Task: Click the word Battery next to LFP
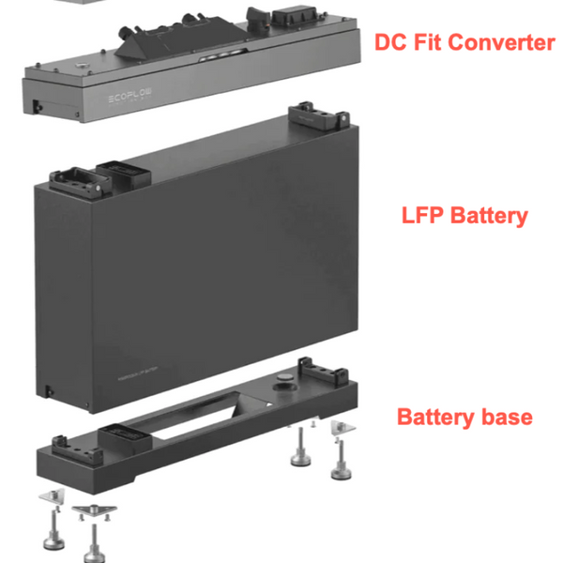tap(488, 215)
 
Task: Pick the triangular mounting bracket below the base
tap(93, 507)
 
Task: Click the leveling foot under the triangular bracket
tap(92, 542)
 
